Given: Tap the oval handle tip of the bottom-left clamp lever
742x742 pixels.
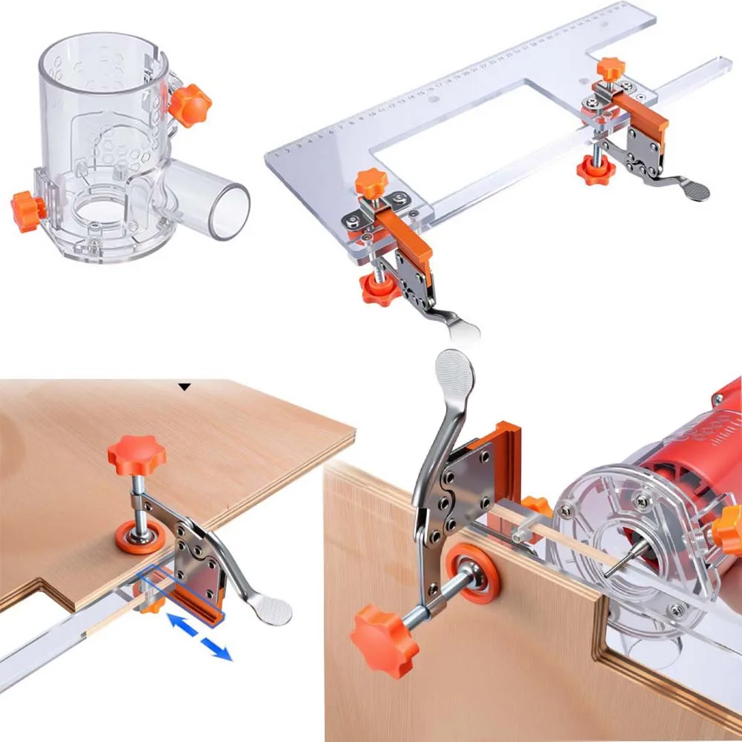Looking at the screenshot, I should click(274, 611).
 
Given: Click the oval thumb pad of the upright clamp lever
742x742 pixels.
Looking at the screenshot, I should click(454, 372).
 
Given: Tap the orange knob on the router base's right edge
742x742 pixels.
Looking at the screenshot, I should click(730, 530).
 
